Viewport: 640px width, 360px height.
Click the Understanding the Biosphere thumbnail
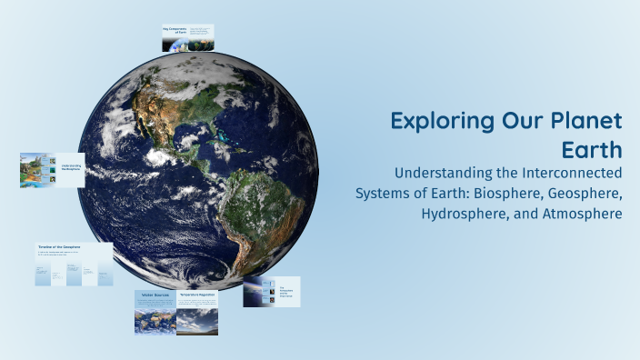click(52, 170)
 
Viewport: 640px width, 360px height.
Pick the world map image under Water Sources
click(154, 320)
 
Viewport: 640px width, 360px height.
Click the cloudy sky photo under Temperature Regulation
click(196, 321)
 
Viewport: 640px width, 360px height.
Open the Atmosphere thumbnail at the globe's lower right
click(271, 292)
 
